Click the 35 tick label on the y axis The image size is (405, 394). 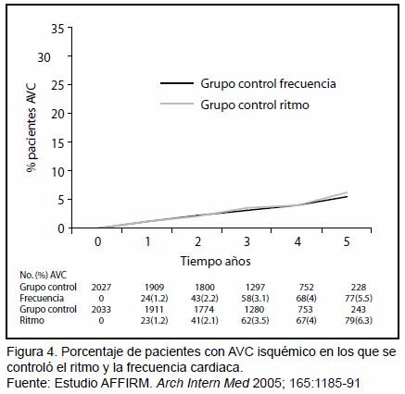tap(57, 30)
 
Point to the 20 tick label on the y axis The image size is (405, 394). tap(57, 114)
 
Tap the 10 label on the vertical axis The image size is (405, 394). tap(57, 171)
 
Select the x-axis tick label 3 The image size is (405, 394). tap(247, 241)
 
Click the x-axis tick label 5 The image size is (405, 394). tap(347, 241)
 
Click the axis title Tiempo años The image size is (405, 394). tap(215, 261)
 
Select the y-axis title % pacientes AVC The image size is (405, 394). tap(32, 128)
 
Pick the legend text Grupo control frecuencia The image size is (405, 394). tap(268, 83)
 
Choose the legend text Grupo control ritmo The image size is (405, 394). tap(255, 105)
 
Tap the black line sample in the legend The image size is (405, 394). tap(177, 83)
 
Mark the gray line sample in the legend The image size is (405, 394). tap(177, 104)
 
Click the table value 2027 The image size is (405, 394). tap(101, 288)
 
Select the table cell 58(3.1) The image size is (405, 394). tap(255, 299)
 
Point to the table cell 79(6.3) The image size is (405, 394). tap(359, 321)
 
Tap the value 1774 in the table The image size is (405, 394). tap(205, 309)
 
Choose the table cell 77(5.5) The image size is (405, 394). tap(359, 299)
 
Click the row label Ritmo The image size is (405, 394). tap(32, 321)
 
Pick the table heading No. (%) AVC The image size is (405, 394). tap(43, 275)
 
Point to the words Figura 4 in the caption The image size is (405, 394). tap(32, 352)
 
